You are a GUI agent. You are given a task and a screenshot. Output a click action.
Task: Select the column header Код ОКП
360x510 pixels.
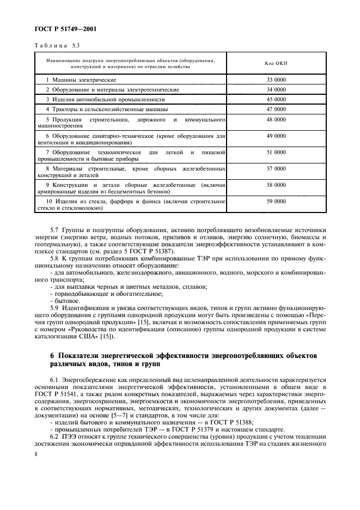click(276, 63)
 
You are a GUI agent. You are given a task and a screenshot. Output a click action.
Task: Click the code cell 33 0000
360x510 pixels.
click(276, 80)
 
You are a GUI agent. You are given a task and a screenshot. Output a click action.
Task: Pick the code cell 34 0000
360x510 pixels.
click(276, 89)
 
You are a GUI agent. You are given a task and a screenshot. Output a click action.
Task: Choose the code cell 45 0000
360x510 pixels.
click(276, 99)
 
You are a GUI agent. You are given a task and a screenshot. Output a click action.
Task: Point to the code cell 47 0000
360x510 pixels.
click(276, 109)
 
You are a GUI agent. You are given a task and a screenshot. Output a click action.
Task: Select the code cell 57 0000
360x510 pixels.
click(276, 169)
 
